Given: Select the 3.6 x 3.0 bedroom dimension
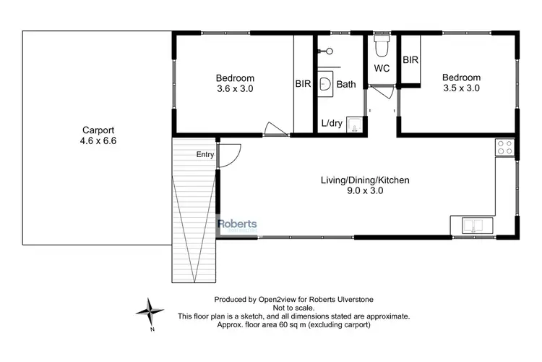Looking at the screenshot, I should click(x=235, y=88).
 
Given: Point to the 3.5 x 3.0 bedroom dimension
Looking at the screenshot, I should click(x=461, y=88).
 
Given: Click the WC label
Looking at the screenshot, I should click(x=382, y=69).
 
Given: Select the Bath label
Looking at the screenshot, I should click(x=346, y=85).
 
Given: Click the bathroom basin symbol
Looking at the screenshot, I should click(x=326, y=85).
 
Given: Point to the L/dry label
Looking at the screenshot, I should click(x=332, y=124).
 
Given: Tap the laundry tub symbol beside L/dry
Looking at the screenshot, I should click(x=355, y=125).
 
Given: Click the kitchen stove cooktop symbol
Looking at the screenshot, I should click(x=504, y=148).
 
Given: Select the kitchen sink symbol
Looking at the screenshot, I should click(x=472, y=225).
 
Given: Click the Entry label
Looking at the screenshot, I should click(x=205, y=154).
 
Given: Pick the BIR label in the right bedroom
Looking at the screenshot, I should click(x=410, y=60).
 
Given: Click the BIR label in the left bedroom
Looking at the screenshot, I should click(x=303, y=85).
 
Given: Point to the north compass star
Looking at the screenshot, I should click(x=150, y=312).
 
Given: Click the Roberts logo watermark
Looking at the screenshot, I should click(x=238, y=224).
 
